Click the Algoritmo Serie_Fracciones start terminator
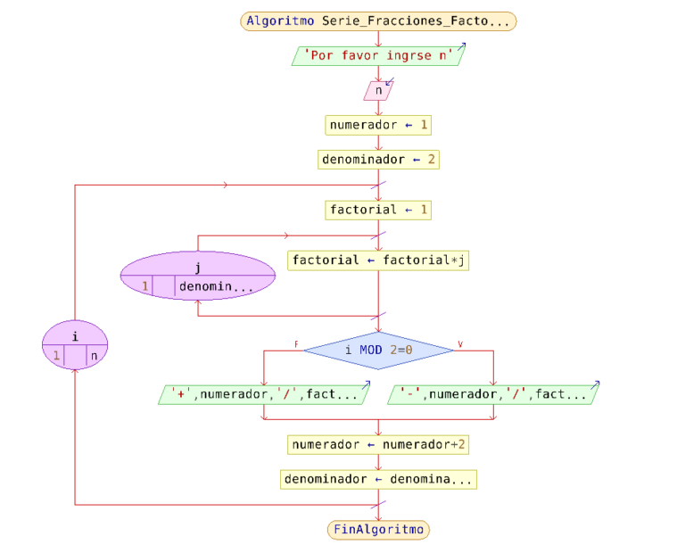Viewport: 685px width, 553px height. pos(378,21)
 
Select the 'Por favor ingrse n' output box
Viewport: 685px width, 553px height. pos(378,55)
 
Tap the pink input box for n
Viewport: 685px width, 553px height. pos(378,90)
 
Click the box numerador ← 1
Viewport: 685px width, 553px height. pos(378,125)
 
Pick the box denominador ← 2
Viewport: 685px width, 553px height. pos(378,160)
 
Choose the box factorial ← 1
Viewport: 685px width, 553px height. pos(378,210)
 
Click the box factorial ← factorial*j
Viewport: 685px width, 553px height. pos(378,260)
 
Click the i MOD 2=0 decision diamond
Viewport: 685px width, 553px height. pos(378,351)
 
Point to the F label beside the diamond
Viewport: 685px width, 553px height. pos(296,343)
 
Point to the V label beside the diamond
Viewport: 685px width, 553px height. pos(460,343)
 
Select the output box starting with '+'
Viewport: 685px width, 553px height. pos(264,394)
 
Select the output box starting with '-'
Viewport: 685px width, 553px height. pos(493,394)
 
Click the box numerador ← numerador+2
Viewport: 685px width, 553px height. pos(378,443)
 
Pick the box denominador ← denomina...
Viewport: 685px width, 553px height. pos(378,479)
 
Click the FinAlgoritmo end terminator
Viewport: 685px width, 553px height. pos(378,529)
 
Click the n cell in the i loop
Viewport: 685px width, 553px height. pos(95,355)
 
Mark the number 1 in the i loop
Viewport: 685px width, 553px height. pos(55,355)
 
